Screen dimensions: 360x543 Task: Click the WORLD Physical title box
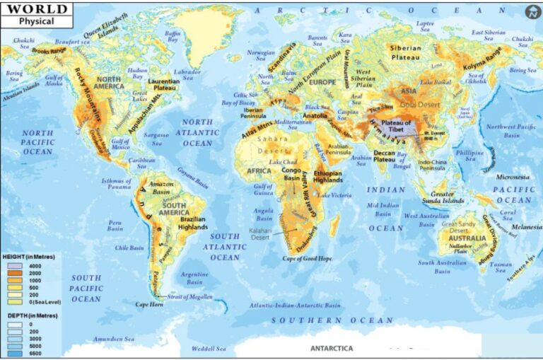point(35,15)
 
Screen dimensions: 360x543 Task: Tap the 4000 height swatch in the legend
point(15,265)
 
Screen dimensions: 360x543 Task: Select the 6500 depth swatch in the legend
point(15,353)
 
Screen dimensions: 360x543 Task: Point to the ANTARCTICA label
point(332,349)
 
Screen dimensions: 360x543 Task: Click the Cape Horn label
point(151,304)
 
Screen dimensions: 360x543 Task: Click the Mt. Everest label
point(433,134)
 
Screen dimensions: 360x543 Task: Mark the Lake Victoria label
point(334,195)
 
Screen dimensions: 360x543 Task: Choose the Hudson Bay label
point(137,74)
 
